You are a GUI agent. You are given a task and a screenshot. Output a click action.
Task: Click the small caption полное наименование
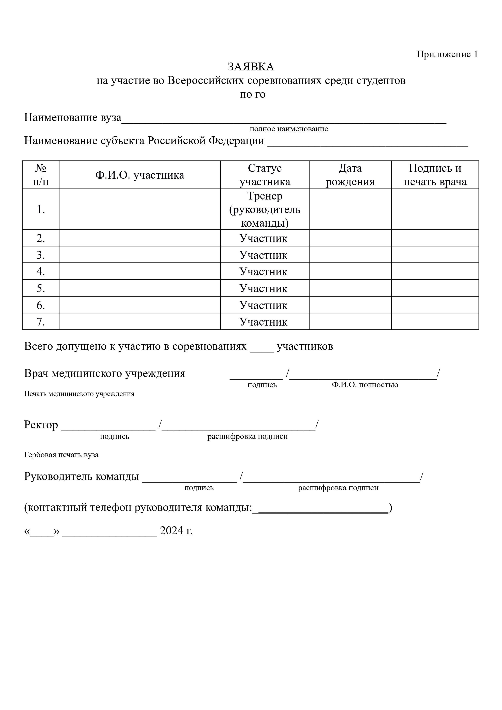point(289,129)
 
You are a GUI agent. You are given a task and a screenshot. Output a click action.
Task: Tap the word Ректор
point(41,425)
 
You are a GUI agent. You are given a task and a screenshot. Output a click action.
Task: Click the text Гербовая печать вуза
point(61,455)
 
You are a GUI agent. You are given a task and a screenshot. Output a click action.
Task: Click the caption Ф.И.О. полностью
point(365,385)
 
